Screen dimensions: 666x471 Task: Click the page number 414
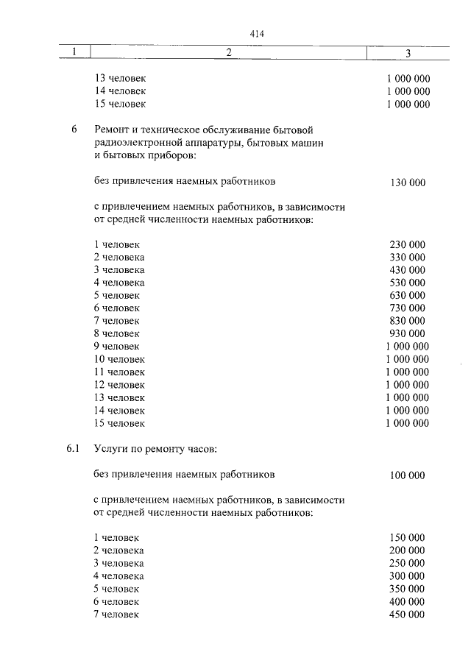tap(257, 34)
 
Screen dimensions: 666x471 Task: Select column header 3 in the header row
tap(408, 52)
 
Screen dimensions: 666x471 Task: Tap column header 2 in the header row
tap(229, 52)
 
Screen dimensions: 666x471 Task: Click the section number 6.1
tap(71, 449)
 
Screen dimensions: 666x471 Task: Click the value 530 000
tap(407, 283)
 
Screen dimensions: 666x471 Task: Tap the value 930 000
tap(407, 333)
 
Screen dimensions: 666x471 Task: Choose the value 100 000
tap(407, 475)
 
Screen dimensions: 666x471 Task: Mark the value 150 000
tap(407, 539)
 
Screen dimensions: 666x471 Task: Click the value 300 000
tap(407, 576)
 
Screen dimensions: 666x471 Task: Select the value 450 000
tap(407, 614)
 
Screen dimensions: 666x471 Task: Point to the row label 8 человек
tap(116, 333)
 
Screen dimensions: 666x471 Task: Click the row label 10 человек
tap(119, 359)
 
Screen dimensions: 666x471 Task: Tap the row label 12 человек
tap(119, 384)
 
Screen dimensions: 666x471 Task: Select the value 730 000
tap(407, 308)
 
